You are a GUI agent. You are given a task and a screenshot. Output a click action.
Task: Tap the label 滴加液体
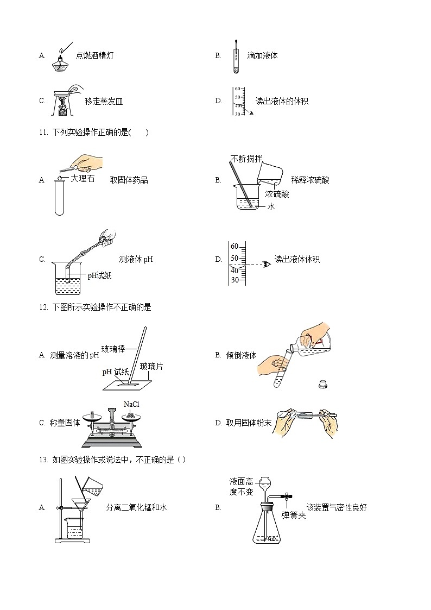262,55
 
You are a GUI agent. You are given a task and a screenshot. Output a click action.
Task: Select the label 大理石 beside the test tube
83,178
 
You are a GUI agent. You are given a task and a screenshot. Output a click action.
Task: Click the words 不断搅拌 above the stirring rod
246,159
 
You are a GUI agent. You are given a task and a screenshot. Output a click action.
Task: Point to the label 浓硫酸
277,194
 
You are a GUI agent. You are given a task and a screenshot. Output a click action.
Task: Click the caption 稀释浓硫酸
310,180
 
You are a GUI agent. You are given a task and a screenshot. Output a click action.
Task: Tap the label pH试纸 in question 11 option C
99,276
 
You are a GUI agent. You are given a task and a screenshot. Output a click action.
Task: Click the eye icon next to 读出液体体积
267,264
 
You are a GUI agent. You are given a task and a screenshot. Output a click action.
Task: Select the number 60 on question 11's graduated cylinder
235,246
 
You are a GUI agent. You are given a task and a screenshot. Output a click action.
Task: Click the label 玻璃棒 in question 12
113,349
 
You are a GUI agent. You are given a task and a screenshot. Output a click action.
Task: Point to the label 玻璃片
151,366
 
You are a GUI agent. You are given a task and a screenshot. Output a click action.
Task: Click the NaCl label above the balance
131,404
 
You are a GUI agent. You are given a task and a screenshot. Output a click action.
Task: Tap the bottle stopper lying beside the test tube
324,384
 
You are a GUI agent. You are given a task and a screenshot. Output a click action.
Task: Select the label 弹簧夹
294,515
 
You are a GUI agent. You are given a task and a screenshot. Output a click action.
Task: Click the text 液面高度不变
242,487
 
